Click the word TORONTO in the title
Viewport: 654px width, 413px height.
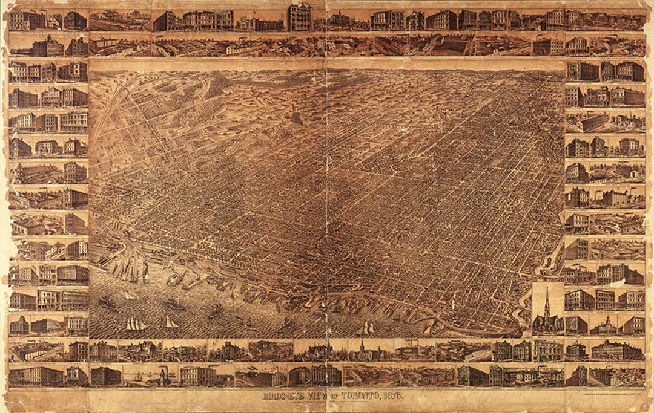point(361,395)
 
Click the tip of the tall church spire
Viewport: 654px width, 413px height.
point(547,288)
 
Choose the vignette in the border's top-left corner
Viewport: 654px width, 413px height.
point(27,20)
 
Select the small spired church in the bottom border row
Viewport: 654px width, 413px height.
point(362,350)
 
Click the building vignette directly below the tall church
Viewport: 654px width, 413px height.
point(548,350)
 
